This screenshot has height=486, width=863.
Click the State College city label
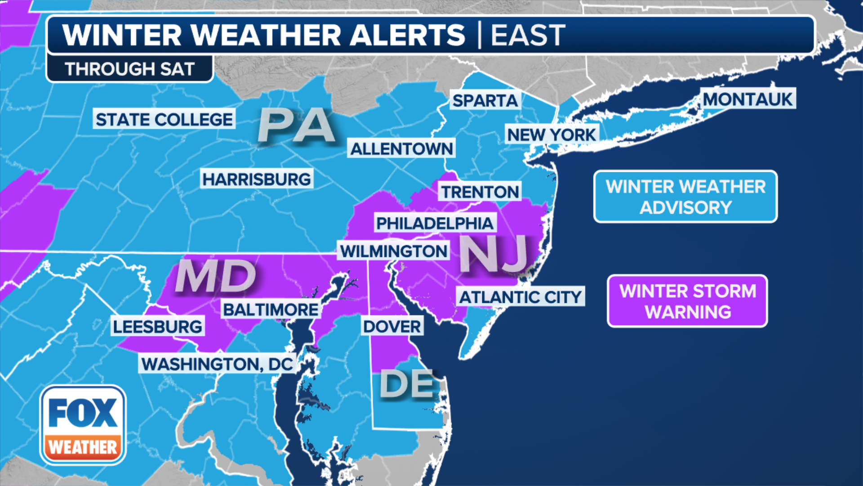(x=164, y=119)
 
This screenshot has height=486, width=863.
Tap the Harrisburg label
(x=256, y=179)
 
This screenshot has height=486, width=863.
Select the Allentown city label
(x=401, y=148)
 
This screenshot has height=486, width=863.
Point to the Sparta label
(x=485, y=100)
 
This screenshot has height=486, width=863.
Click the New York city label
(x=552, y=134)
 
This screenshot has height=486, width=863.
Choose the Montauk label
(x=747, y=99)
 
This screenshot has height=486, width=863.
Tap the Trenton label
(x=480, y=192)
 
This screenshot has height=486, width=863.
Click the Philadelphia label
(x=435, y=223)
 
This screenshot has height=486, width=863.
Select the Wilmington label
(x=393, y=251)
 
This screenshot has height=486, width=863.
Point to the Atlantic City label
(x=520, y=297)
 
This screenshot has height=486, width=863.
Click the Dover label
(x=392, y=326)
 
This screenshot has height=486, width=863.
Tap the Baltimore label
(x=271, y=309)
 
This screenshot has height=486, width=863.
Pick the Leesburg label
(x=157, y=326)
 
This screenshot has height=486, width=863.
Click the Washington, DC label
(x=217, y=364)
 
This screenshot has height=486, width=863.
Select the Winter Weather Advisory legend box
(x=685, y=197)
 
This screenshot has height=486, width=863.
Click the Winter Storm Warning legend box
(x=687, y=301)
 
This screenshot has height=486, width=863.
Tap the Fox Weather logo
(x=83, y=425)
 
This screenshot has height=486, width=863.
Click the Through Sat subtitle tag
(x=129, y=69)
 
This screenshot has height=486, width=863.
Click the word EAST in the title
(x=528, y=35)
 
